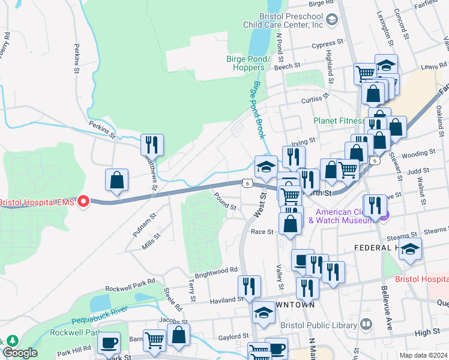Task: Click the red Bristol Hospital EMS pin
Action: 84,202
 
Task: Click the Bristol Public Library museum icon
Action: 366,325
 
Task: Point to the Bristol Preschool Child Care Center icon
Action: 331,20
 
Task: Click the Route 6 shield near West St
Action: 247,182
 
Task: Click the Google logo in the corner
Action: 20,353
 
